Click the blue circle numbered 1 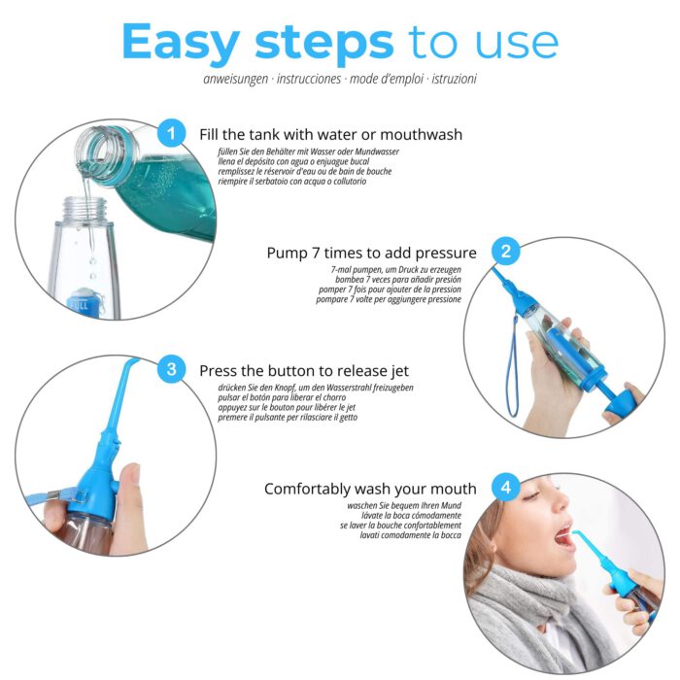171,133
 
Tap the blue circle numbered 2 506,251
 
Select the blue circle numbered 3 171,369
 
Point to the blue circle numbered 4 506,488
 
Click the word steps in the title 323,45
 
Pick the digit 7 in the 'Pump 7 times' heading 316,253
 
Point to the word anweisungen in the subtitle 236,79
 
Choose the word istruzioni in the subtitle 454,79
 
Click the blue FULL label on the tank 79,305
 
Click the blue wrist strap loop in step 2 513,368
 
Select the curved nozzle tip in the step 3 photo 130,363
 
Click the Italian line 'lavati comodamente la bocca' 410,535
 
